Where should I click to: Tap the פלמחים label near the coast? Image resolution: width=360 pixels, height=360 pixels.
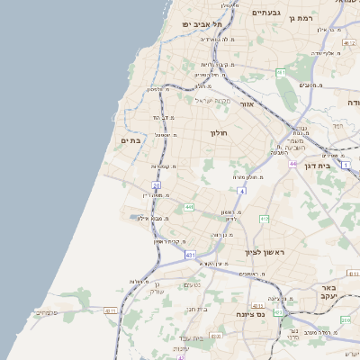click(x=47, y=312)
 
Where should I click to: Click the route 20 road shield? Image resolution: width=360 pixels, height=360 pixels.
click(x=156, y=184)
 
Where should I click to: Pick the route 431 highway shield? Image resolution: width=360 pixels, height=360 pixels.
click(x=190, y=256)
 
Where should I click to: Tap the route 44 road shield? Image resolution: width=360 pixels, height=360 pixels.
click(x=293, y=164)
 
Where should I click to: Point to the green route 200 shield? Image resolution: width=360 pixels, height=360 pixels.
click(x=346, y=319)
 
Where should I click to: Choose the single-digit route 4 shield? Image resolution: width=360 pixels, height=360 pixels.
click(x=241, y=191)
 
